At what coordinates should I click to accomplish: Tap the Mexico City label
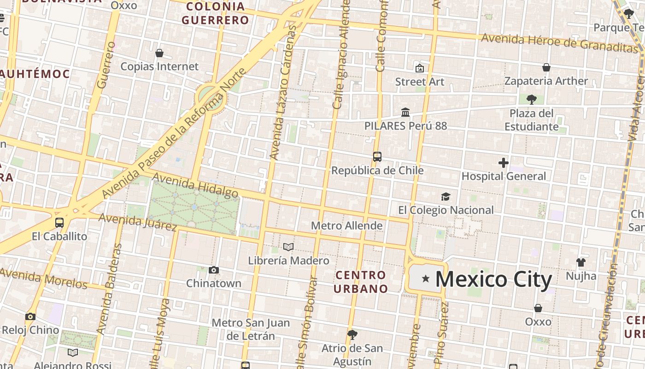493,280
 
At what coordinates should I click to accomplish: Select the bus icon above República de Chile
377,157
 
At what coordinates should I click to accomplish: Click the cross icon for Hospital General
504,162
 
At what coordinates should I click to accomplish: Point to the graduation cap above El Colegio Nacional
446,197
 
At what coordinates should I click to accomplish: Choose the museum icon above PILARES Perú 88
405,112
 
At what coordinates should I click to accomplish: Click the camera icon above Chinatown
214,270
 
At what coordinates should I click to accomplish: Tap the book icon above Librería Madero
288,247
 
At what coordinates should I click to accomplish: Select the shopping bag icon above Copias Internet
159,53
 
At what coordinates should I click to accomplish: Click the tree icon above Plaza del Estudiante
531,99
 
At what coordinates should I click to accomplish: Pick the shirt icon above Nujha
581,262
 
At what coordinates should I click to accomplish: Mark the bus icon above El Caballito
59,223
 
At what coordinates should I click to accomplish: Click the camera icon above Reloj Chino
30,316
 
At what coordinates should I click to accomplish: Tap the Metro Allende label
347,226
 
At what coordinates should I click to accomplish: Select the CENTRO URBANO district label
361,282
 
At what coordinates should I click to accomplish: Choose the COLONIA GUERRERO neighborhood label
215,13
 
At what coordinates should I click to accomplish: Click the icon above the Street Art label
420,68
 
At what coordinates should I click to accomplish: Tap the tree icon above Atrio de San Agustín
352,334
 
